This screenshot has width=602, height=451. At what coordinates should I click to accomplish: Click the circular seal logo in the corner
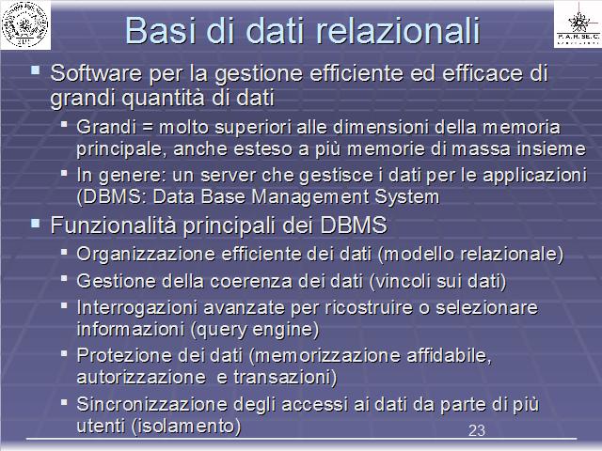[25, 25]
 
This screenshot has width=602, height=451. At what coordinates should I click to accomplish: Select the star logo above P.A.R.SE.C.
[578, 22]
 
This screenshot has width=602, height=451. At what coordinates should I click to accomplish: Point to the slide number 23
[477, 430]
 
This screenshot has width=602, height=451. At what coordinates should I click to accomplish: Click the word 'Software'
[96, 73]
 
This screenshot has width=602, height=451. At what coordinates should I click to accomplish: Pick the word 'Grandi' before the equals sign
[106, 127]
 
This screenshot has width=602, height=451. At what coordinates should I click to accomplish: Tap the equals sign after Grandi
[148, 128]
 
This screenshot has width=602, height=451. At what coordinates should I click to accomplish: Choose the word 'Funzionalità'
[113, 225]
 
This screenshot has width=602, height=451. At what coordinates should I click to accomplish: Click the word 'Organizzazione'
[146, 255]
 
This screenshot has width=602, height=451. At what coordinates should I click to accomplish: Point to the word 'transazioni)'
[285, 378]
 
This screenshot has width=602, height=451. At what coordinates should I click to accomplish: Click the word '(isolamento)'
[186, 426]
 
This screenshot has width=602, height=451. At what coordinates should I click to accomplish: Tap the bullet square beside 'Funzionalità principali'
[36, 224]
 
